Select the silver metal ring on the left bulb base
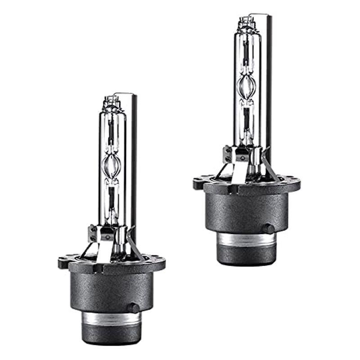(x=111, y=319)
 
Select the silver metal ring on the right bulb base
(x=247, y=239)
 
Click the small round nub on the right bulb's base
(x=268, y=229)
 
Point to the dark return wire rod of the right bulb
(x=267, y=81)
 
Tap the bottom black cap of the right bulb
(x=247, y=256)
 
